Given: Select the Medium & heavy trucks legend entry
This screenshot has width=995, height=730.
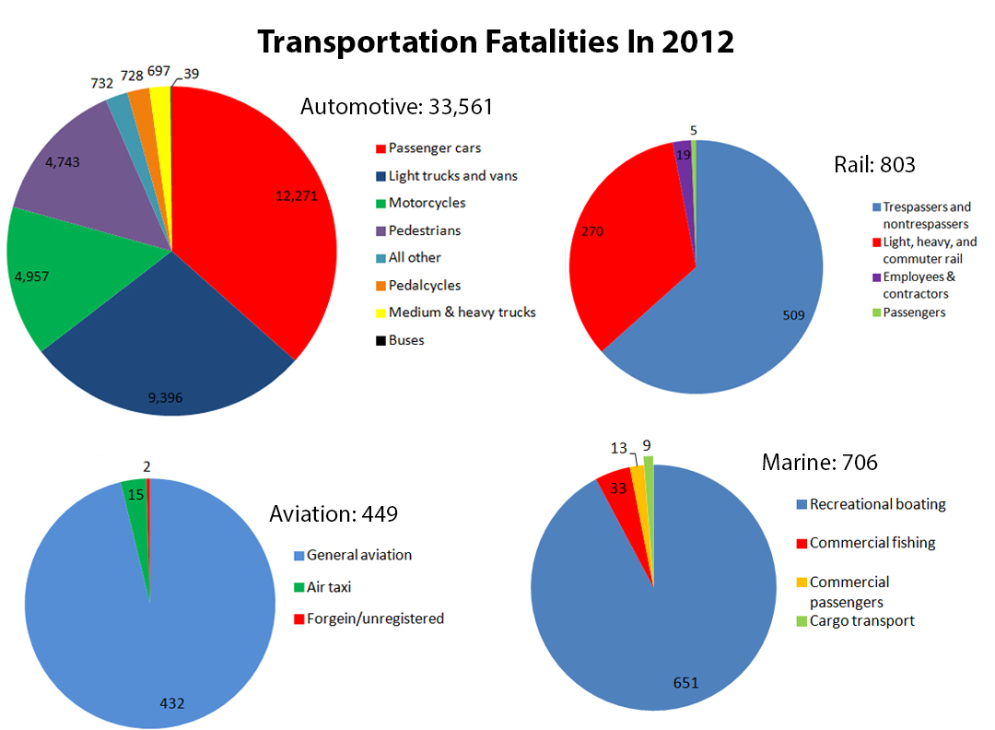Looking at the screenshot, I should coord(461,312).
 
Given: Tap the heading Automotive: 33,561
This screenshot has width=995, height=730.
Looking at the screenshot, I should coord(396,107).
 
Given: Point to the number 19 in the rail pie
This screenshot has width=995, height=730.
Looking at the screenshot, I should coord(682,156).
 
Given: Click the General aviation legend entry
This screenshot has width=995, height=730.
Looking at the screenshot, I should coord(358,555).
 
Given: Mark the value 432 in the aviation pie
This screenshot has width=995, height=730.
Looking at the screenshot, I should coord(171,703).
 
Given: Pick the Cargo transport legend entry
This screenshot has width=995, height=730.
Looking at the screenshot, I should coord(861,620).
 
